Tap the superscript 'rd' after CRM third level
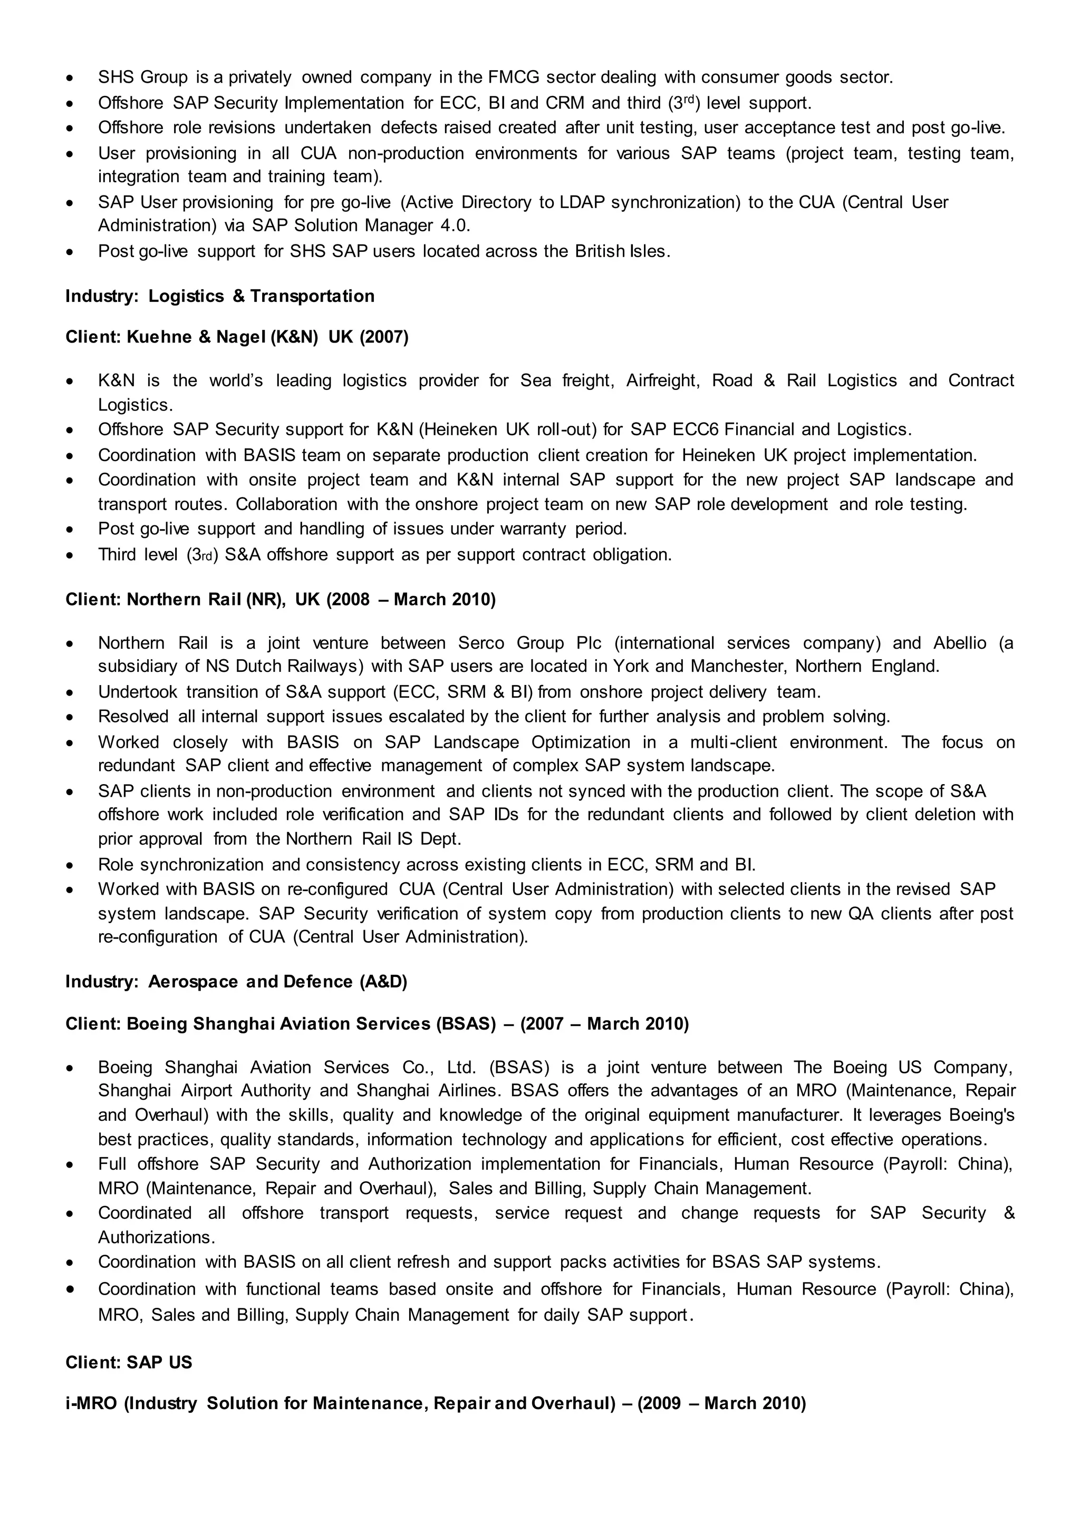(689, 99)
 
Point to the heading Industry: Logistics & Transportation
(219, 297)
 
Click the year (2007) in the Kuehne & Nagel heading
(384, 338)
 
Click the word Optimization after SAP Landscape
(578, 742)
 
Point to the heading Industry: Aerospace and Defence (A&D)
(236, 982)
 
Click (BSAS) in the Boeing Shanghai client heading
(466, 1024)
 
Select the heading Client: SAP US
(128, 1363)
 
